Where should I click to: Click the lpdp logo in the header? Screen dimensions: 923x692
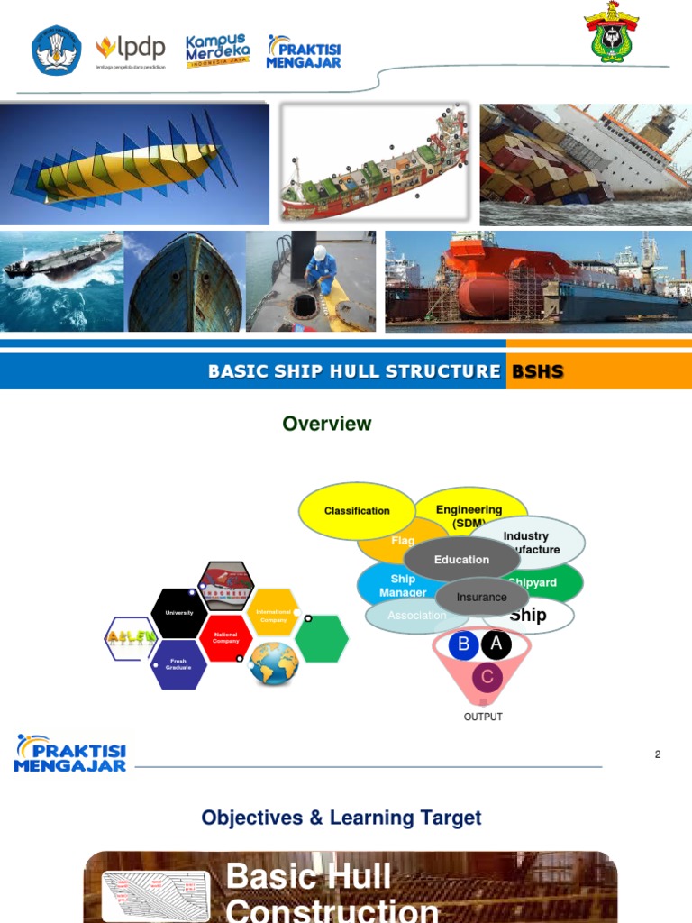coord(131,50)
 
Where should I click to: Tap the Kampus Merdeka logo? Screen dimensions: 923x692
coord(218,51)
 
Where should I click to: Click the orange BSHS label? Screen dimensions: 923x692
coord(537,371)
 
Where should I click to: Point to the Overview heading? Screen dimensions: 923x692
coord(326,424)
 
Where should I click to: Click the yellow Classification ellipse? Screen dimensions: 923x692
coord(357,511)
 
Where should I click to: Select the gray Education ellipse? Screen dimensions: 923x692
coord(461,560)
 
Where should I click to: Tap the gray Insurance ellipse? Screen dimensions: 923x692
coord(482,597)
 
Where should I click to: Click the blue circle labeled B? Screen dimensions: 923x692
coord(464,644)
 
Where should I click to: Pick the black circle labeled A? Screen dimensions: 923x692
coord(496,644)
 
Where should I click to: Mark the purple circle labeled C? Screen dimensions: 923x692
coord(487,676)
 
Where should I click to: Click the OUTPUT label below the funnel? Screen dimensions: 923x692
coord(483,717)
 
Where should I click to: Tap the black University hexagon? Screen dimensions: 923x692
coord(178,613)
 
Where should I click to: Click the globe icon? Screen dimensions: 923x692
coord(274,663)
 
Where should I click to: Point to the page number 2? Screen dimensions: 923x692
coord(658,754)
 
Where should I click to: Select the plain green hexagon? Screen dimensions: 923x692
coord(321,638)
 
